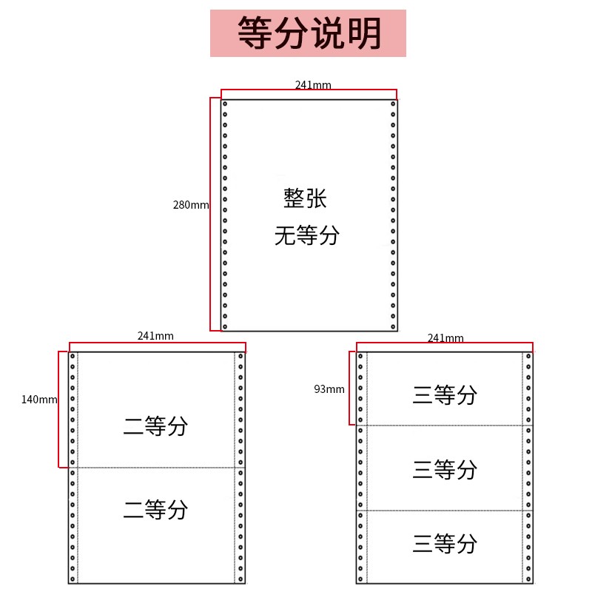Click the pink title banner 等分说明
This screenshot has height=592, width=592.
tap(308, 33)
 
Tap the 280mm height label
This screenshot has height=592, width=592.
tap(191, 205)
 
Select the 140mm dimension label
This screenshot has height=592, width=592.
tap(39, 400)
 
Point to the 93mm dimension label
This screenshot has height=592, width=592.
tap(329, 389)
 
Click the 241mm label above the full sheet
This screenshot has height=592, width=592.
tap(313, 85)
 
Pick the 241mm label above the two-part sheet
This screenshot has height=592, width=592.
tap(155, 336)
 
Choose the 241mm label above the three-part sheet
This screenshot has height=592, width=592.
tap(445, 338)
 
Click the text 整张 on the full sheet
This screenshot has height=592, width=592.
tap(305, 198)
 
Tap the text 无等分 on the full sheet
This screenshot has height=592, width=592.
tap(307, 235)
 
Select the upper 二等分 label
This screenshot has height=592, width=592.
tap(155, 426)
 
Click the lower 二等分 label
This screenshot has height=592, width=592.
tap(155, 510)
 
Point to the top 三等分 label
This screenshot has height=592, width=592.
tap(445, 395)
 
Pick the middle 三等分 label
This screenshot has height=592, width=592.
tap(445, 469)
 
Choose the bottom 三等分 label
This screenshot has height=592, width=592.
tap(445, 543)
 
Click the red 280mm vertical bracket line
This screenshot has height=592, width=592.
tap(210, 214)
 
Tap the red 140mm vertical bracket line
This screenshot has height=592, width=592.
tap(58, 409)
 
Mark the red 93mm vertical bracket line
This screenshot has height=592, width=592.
tap(349, 388)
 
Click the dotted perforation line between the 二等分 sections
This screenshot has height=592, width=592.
tap(156, 468)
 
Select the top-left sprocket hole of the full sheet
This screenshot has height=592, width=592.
tap(225, 104)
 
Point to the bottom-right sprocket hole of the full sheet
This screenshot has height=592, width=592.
tap(393, 327)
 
